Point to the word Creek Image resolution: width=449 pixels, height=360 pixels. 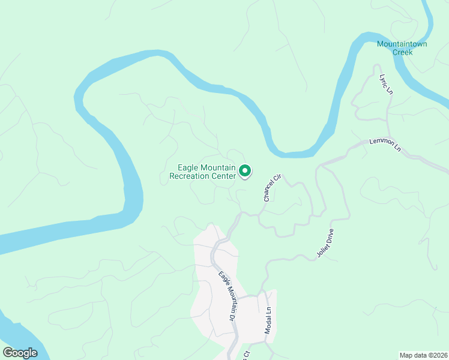pyautogui.click(x=403, y=52)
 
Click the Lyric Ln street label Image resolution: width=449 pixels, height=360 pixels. pyautogui.click(x=385, y=85)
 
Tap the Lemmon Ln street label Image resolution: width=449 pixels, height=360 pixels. pyautogui.click(x=385, y=143)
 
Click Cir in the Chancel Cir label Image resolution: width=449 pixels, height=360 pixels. pyautogui.click(x=277, y=178)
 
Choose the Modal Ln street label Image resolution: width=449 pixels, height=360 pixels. pyautogui.click(x=268, y=320)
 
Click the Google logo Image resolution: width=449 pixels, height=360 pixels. pyautogui.click(x=20, y=352)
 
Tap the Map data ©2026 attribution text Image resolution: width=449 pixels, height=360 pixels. pyautogui.click(x=423, y=355)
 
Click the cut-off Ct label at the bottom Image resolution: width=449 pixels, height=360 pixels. pyautogui.click(x=246, y=355)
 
